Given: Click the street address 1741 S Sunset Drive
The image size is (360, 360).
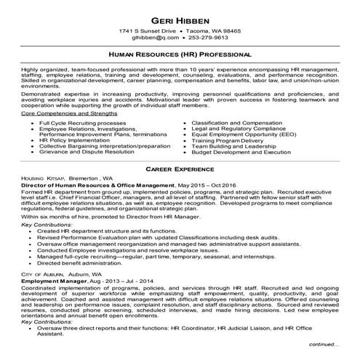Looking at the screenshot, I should (x=150, y=32).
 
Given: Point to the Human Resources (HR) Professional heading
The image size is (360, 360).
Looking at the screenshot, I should (x=179, y=55).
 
